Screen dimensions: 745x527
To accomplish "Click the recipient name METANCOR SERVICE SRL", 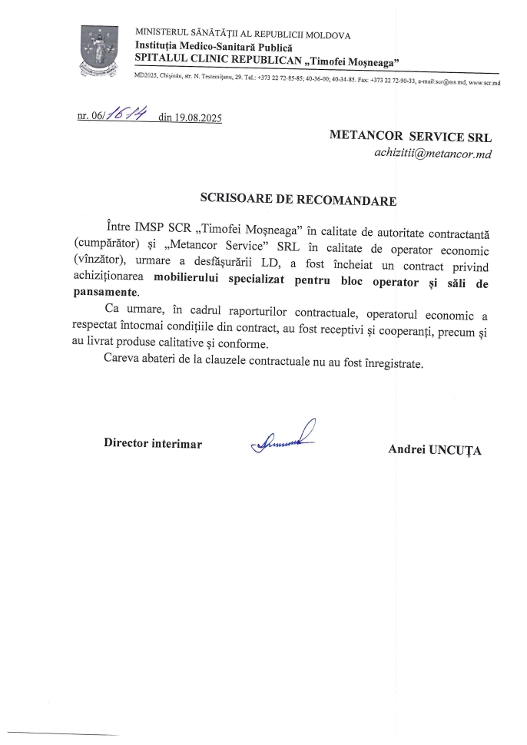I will click(x=410, y=136).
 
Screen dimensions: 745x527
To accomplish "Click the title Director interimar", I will click(x=154, y=444).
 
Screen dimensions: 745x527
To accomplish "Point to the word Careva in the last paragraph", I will click(x=123, y=362).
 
